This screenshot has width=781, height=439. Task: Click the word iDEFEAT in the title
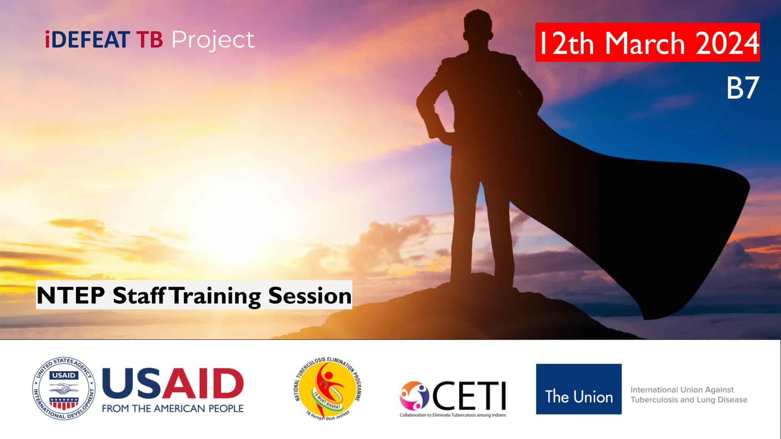pyautogui.click(x=87, y=40)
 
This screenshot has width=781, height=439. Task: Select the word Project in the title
pyautogui.click(x=213, y=41)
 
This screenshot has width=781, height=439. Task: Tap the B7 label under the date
pyautogui.click(x=742, y=88)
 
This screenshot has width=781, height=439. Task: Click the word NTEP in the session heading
pyautogui.click(x=71, y=296)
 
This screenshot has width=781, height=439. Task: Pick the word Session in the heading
pyautogui.click(x=310, y=296)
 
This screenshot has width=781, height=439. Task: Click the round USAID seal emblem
pyautogui.click(x=64, y=389)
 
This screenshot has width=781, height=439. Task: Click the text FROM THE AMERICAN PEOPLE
pyautogui.click(x=172, y=408)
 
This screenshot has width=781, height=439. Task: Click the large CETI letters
pyautogui.click(x=469, y=396)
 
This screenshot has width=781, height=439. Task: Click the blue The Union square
pyautogui.click(x=578, y=389)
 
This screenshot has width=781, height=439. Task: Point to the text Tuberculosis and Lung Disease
pyautogui.click(x=689, y=400)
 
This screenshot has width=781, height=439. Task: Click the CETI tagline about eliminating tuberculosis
pyautogui.click(x=453, y=415)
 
